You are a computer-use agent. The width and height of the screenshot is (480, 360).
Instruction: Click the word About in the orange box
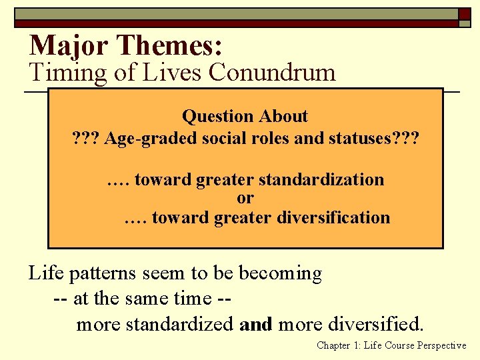pyautogui.click(x=283, y=116)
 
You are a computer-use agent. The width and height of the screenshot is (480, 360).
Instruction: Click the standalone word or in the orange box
pyautogui.click(x=245, y=198)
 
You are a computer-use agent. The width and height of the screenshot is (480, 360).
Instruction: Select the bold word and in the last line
pyautogui.click(x=256, y=325)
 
